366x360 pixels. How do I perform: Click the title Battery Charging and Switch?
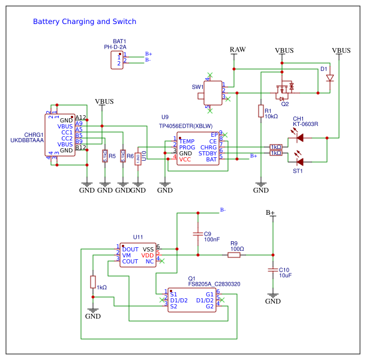pyautogui.click(x=85, y=22)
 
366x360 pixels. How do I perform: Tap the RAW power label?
pyautogui.click(x=238, y=49)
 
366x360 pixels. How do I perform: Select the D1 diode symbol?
pyautogui.click(x=329, y=78)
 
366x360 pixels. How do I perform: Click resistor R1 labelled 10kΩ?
pyautogui.click(x=261, y=111)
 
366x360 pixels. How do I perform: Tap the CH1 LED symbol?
pyautogui.click(x=300, y=137)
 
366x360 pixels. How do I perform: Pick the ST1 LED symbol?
pyautogui.click(x=300, y=161)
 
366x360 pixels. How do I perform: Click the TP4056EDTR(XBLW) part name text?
pyautogui.click(x=185, y=126)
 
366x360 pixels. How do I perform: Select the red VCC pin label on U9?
pyautogui.click(x=185, y=160)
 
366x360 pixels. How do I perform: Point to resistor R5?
pyautogui.click(x=105, y=157)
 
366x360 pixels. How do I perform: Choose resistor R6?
pyautogui.click(x=123, y=157)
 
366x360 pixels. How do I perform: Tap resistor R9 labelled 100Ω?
pyautogui.click(x=234, y=255)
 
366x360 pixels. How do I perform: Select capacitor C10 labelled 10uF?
pyautogui.click(x=273, y=271)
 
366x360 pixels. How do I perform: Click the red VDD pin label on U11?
pyautogui.click(x=147, y=255)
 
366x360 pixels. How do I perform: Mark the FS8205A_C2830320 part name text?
pyautogui.click(x=214, y=284)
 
